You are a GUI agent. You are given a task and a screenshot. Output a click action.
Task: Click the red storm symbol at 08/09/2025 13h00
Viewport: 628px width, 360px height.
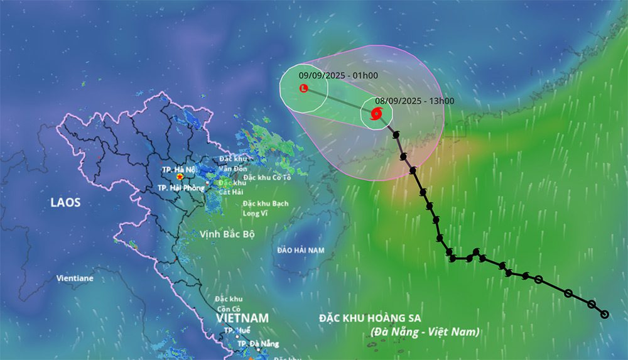coord(376,114)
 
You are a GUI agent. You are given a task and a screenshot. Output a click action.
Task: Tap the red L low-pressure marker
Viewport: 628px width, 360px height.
coord(304,89)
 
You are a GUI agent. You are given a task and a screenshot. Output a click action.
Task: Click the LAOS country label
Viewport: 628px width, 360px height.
coord(66,204)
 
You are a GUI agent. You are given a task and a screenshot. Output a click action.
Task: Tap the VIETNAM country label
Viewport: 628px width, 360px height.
coord(242,318)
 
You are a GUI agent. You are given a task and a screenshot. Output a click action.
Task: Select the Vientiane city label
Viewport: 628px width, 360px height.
coord(75,278)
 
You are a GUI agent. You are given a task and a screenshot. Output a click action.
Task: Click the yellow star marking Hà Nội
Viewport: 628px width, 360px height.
coord(180,178)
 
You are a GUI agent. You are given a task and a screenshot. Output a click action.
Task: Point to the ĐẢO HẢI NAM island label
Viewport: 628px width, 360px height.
coord(301,250)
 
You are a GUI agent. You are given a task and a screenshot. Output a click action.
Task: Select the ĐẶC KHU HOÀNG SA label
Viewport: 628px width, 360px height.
coord(373,319)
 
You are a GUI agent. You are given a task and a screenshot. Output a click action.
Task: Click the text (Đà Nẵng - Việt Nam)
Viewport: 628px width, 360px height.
coord(424,331)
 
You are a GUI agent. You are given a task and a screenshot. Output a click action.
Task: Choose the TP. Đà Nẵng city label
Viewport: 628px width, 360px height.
coord(257,344)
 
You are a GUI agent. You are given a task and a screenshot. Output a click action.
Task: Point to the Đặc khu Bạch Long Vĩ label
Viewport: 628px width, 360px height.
coord(266,208)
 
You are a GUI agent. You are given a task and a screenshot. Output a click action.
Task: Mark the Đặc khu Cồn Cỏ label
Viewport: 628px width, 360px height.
coord(229,303)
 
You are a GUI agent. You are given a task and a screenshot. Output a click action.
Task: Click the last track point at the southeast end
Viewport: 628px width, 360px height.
coord(605,314)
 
